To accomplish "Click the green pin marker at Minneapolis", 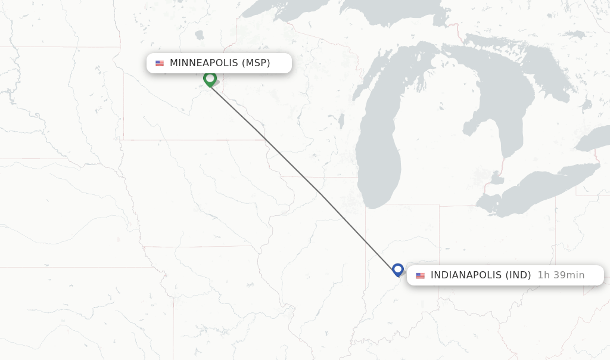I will click(210, 78).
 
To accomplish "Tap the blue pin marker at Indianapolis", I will click(398, 269).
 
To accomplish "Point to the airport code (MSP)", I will click(256, 63).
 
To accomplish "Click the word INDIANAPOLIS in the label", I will click(466, 275).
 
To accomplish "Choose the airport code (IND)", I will click(518, 275).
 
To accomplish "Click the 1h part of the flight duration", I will click(543, 275).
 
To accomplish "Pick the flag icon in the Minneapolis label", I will click(160, 63).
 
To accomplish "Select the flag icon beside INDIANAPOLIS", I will click(421, 275).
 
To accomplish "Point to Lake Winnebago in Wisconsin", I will click(341, 121).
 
